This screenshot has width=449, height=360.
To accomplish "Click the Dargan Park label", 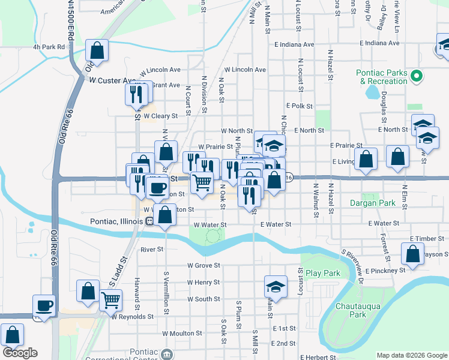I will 373,203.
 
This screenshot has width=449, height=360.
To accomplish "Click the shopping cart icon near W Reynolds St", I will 110,299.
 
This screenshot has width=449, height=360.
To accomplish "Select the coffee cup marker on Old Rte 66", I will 44,305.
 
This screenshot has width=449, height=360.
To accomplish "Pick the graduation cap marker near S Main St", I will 276,286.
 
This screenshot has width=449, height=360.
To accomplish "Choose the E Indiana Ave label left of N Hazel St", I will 294,44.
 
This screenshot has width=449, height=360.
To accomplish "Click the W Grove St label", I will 203,265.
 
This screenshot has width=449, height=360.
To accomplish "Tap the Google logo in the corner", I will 20,353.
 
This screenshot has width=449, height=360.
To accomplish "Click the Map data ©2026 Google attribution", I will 411,355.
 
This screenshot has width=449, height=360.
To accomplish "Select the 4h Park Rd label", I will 49,46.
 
